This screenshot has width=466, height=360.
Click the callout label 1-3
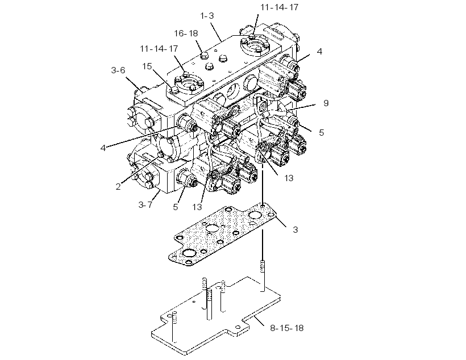point(207,16)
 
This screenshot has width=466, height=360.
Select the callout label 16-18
point(186,34)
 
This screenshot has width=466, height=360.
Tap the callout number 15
point(147,66)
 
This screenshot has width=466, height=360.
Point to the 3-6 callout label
point(118,70)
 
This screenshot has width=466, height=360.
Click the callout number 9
point(326,103)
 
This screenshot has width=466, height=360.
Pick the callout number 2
point(118,187)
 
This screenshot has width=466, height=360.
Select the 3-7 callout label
point(145,204)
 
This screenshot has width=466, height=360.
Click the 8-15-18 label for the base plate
point(287,328)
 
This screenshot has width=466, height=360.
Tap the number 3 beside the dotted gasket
point(295,229)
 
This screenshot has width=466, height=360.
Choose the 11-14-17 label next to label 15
point(159,48)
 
